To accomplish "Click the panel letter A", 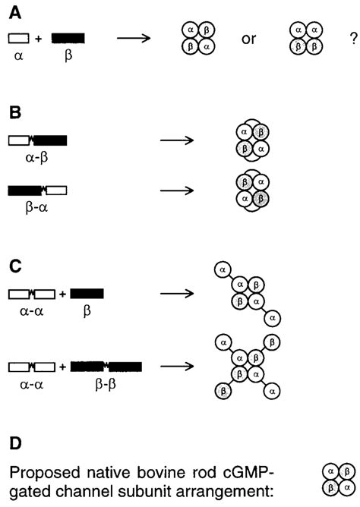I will pos(13,10).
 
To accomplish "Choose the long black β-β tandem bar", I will pos(106,367).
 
